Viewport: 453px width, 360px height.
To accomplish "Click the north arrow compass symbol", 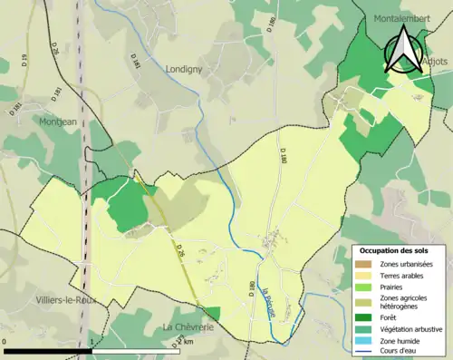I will (404, 50).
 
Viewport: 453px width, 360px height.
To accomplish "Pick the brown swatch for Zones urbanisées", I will (366, 264).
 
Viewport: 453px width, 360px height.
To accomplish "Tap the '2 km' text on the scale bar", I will (187, 343).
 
